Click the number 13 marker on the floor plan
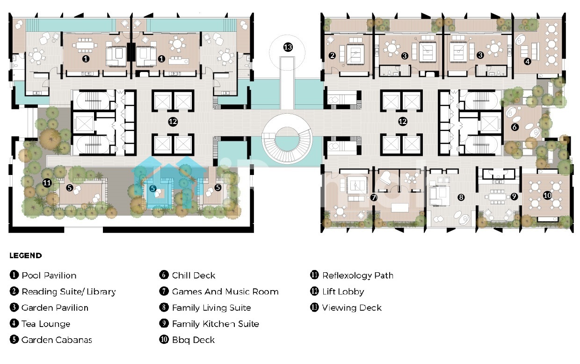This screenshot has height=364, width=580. coord(288,47)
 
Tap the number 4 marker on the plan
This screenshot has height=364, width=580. coord(528,61)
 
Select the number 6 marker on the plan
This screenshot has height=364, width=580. coord(515,127)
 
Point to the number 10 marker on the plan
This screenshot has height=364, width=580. coord(547,196)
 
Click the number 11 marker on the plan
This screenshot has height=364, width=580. coord(47,183)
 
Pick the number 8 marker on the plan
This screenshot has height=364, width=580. coord(461,197)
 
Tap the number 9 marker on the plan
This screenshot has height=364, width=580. coord(514,197)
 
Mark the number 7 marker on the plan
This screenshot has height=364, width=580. coord(373,197)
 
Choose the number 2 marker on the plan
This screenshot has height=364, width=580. coord(332,55)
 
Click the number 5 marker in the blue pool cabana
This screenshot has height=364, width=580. coord(153,189)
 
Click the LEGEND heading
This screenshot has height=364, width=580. coord(26,256)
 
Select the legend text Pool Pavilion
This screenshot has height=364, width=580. coord(49,276)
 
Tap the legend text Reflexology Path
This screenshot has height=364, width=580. coord(358,276)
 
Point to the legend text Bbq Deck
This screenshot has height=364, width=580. coord(194,340)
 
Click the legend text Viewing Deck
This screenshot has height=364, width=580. coord(352,308)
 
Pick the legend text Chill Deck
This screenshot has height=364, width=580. coord(194,276)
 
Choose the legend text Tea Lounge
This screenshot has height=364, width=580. coord(46,324)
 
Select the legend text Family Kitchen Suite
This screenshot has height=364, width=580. coord(216,324)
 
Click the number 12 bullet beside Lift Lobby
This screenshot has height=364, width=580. coord(314,291)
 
